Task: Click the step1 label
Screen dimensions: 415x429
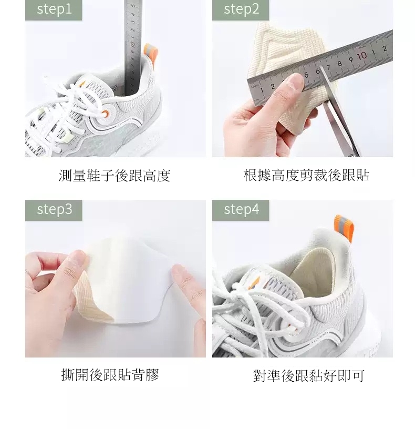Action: coord(54,9)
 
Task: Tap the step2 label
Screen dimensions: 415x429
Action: coord(241,9)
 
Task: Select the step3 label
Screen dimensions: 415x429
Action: coord(54,210)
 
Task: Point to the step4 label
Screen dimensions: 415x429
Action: coord(241,210)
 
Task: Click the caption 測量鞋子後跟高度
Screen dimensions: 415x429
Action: coord(115,176)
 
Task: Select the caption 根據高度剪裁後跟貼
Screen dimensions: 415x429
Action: coord(306,176)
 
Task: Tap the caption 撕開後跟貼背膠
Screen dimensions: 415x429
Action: coord(110,375)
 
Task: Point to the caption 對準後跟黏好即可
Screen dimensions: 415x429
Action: coord(309,376)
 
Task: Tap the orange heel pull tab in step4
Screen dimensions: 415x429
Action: coord(344,228)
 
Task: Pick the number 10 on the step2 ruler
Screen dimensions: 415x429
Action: coord(362,56)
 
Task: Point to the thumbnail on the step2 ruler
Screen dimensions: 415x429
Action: coord(295,82)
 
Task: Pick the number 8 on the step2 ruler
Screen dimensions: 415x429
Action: coord(340,64)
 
